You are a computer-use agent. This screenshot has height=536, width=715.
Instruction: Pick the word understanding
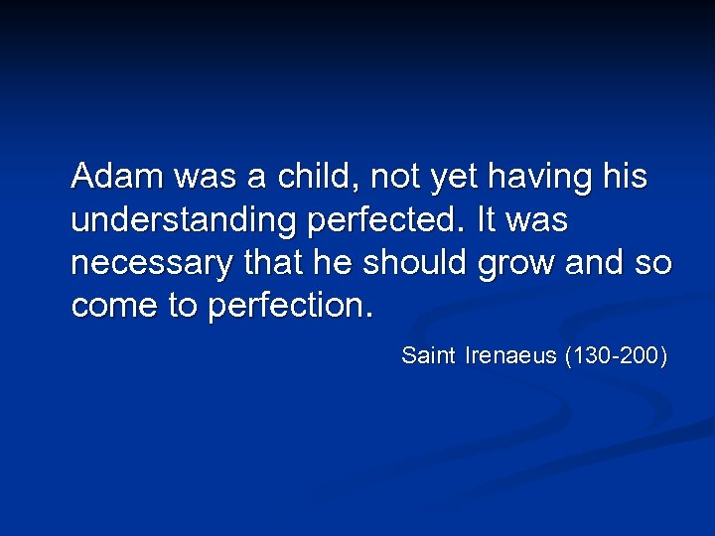(184, 221)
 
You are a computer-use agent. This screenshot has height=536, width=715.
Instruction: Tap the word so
(654, 264)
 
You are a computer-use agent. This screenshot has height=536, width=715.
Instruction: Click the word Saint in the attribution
(428, 354)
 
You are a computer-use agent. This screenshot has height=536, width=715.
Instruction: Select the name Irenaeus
(510, 354)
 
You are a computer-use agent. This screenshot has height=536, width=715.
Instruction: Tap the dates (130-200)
(616, 354)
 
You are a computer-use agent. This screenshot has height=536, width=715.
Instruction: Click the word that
(283, 263)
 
